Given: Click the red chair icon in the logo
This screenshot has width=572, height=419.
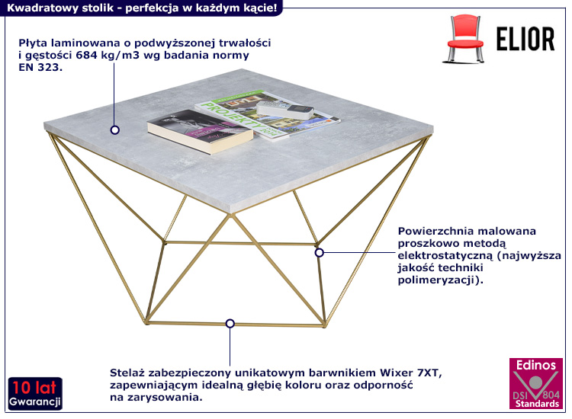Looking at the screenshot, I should [x=464, y=40].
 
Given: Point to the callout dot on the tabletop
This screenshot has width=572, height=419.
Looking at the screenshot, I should [x=114, y=130].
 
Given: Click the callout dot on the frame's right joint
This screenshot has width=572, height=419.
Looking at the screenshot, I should [x=320, y=252].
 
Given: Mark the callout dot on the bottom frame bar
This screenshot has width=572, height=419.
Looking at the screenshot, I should [x=229, y=323].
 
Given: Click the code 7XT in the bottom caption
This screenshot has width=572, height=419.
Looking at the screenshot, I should [x=429, y=373].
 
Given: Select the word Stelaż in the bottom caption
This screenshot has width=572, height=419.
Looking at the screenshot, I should [x=129, y=373].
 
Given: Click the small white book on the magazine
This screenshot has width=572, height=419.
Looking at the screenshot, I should [x=285, y=111].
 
